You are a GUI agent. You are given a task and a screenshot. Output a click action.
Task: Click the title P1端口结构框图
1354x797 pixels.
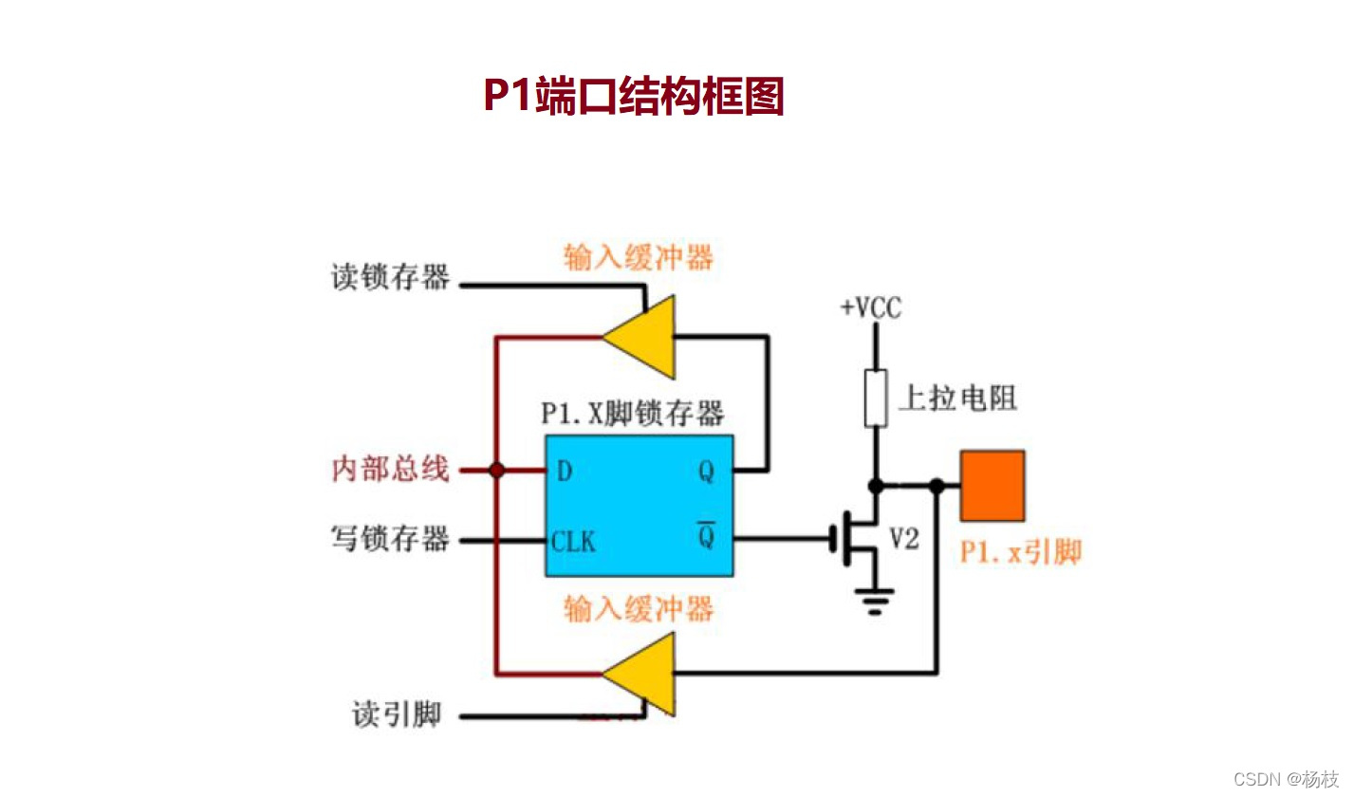[633, 96]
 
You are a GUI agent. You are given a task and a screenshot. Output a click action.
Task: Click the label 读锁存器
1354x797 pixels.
[390, 278]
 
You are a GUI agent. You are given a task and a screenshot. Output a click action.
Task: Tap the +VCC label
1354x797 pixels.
[870, 308]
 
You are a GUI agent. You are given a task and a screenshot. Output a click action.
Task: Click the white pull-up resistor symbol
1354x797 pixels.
[875, 398]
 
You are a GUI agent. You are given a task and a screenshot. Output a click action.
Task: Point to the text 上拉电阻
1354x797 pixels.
[956, 398]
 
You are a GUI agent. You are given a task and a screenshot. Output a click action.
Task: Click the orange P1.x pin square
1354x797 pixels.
[992, 486]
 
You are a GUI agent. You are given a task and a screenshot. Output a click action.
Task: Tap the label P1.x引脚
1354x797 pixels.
[1020, 552]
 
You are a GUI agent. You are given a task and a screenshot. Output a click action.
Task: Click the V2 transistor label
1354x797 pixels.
[904, 540]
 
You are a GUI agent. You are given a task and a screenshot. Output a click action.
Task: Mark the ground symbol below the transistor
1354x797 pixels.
[874, 601]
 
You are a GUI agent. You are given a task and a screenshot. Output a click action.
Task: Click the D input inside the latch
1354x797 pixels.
[565, 471]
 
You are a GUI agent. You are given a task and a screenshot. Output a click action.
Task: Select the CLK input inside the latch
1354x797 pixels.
[574, 542]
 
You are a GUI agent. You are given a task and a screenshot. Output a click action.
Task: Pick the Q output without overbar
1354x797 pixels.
[706, 471]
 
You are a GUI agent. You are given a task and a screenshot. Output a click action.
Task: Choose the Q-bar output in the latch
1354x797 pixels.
[706, 537]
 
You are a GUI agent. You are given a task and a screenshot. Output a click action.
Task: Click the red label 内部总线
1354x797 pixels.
[390, 469]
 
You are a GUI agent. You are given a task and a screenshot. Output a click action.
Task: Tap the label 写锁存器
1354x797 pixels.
[390, 540]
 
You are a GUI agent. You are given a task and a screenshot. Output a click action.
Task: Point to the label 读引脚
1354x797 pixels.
[397, 714]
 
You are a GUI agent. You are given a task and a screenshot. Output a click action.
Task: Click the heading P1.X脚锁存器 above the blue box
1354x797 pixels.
[632, 414]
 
